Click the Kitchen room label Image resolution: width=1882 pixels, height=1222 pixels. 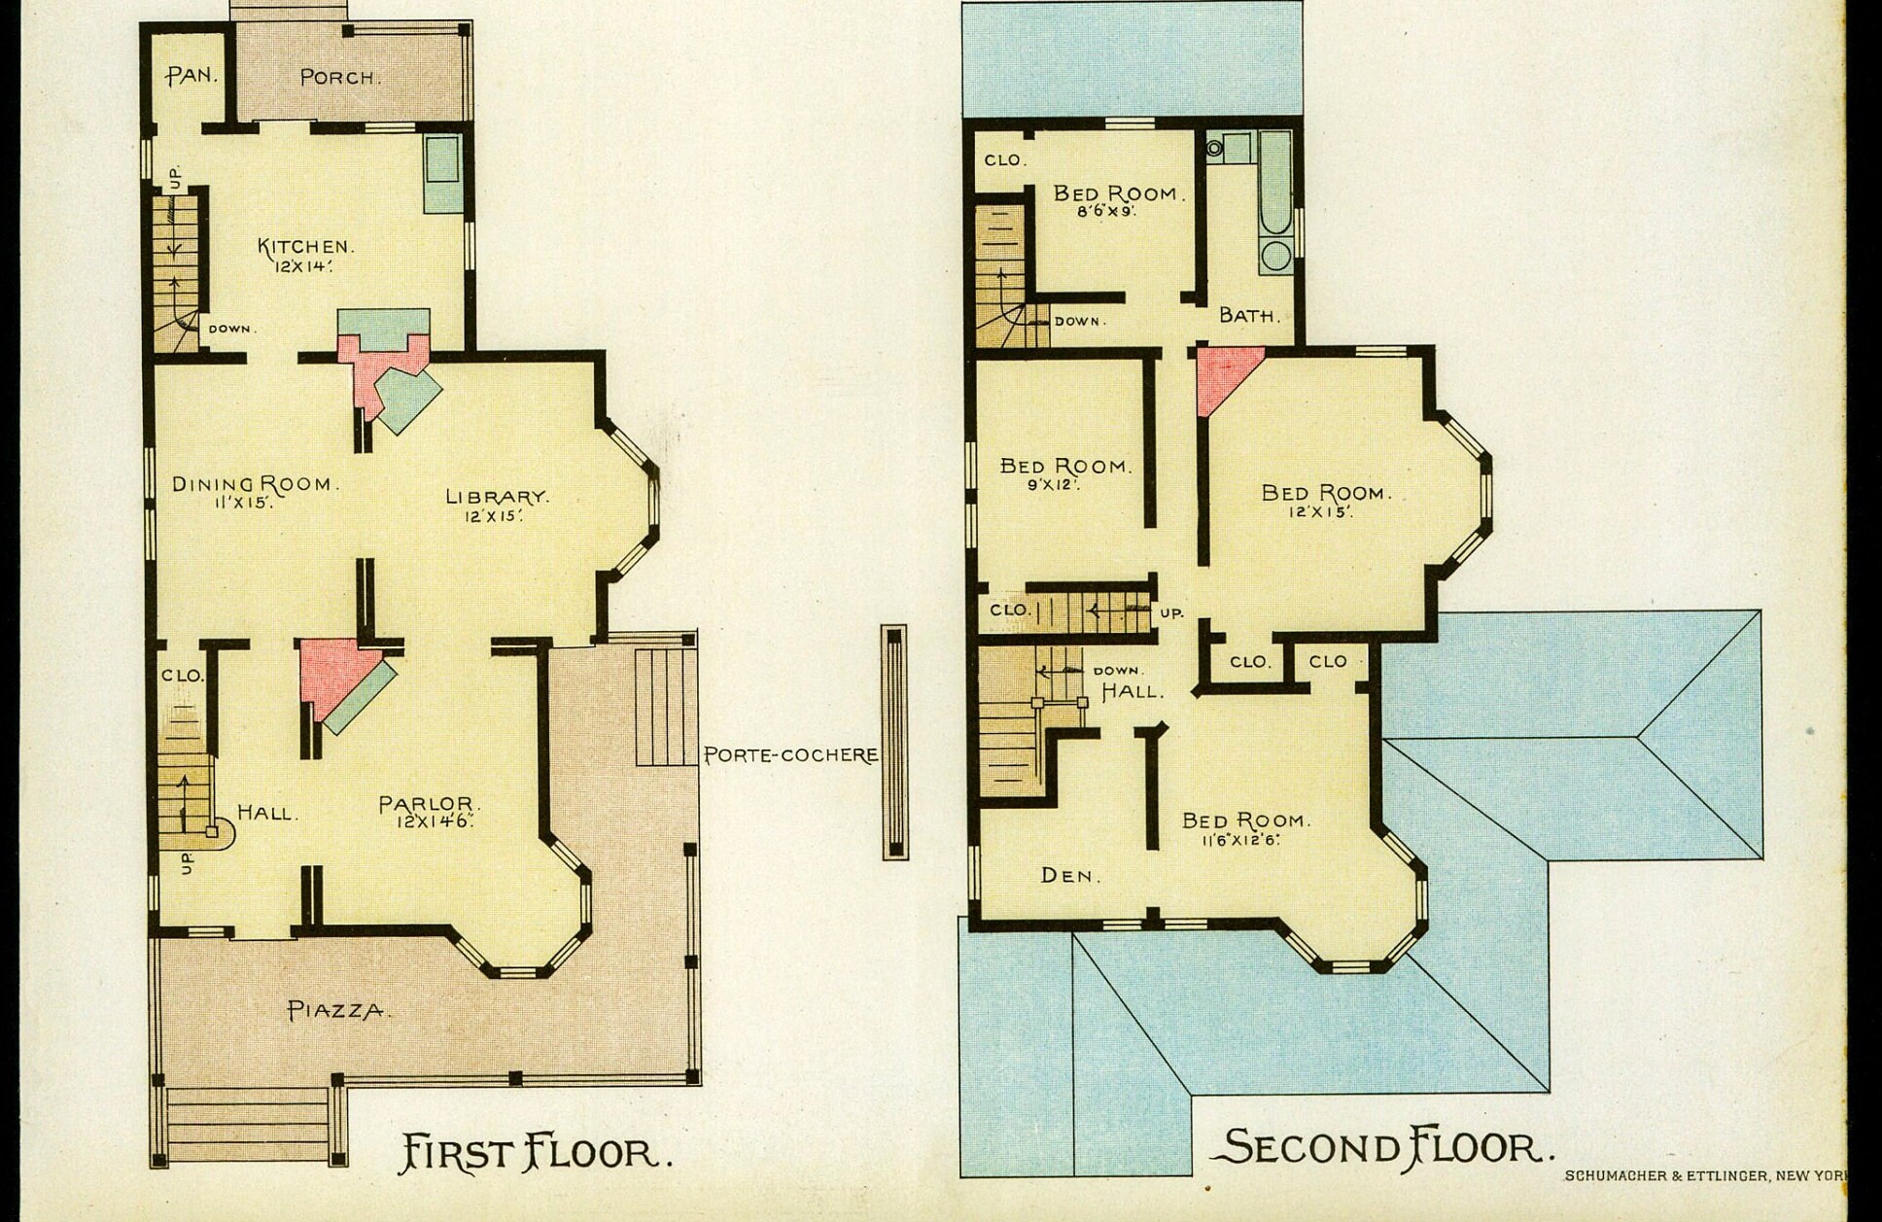(x=305, y=247)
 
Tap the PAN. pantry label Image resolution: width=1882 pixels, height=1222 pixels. (x=192, y=75)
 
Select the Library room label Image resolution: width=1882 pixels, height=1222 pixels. (x=498, y=496)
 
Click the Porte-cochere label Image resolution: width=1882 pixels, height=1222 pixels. (x=790, y=754)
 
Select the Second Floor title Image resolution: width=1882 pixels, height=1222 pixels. (x=1381, y=1147)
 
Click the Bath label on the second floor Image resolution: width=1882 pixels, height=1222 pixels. (x=1249, y=315)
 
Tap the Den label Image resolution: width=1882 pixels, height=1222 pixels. (x=1070, y=875)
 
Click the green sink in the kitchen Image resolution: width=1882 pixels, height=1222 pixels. (x=442, y=174)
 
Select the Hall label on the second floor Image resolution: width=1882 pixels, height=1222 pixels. (x=1133, y=691)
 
